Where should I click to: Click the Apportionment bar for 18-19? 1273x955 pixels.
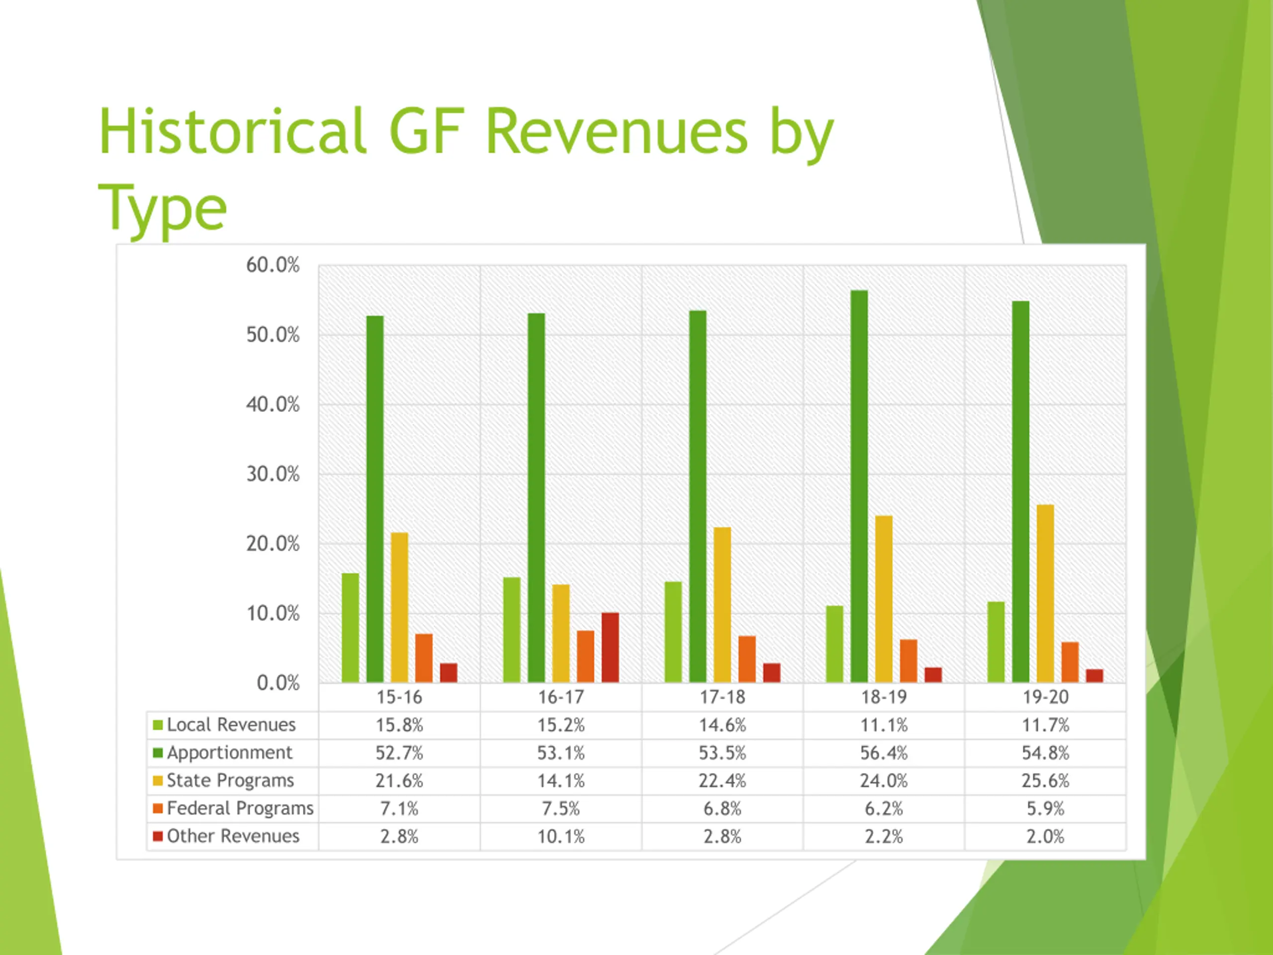coord(859,486)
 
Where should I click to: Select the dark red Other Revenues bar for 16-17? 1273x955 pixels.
coord(610,648)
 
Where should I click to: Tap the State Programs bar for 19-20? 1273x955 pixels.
coord(1045,593)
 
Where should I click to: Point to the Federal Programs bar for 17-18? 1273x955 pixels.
coord(747,659)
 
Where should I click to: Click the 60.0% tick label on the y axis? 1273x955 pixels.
coord(273,266)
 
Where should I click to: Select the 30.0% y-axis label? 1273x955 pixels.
coord(273,475)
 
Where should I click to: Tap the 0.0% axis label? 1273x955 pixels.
coord(278,683)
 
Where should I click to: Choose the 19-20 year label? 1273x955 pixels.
coord(1045,698)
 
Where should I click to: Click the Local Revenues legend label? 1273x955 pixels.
coord(231,725)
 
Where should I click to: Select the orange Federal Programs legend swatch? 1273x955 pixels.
coord(158,808)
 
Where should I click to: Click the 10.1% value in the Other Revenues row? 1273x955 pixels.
coord(560,837)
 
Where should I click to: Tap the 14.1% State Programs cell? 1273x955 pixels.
coord(560,780)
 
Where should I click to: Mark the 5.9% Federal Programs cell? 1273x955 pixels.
coord(1045,809)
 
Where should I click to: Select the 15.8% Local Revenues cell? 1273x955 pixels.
coord(399,725)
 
